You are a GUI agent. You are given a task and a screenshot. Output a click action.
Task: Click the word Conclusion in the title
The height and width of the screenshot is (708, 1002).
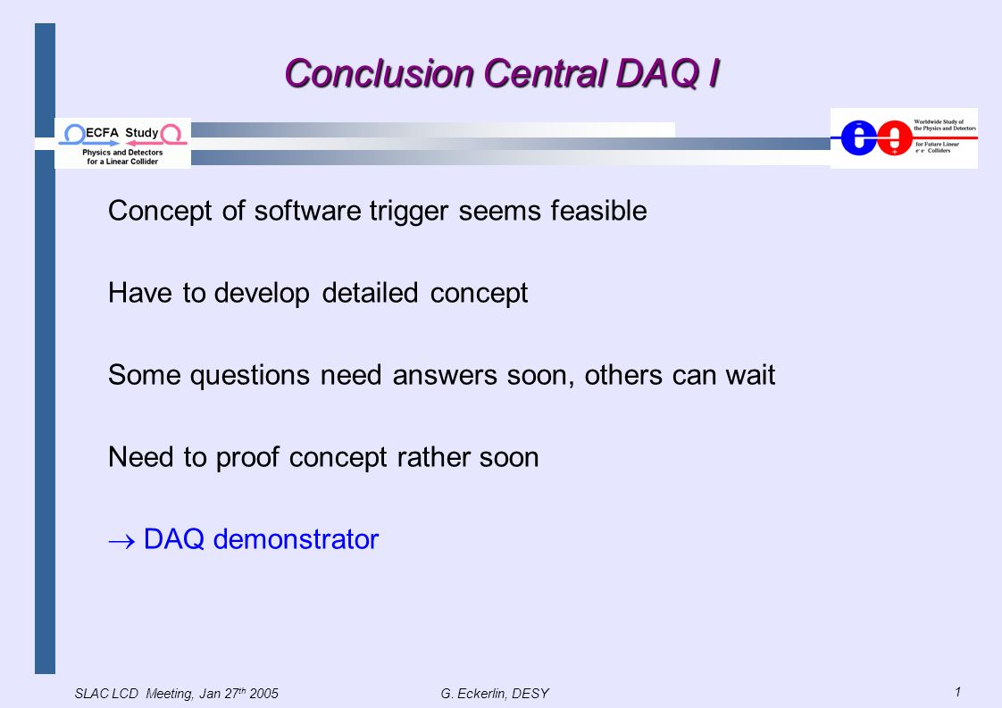(x=379, y=73)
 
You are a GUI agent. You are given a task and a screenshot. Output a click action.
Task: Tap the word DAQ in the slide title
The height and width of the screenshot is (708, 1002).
(x=657, y=74)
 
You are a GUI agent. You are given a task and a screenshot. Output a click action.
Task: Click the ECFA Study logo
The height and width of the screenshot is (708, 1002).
(x=122, y=144)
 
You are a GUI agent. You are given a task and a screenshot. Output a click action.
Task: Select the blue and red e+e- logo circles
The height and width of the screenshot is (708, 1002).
(x=876, y=137)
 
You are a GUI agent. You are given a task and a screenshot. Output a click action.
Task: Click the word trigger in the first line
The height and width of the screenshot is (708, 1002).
(x=409, y=212)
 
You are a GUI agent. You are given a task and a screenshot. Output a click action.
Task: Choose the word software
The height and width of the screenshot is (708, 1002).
(x=307, y=211)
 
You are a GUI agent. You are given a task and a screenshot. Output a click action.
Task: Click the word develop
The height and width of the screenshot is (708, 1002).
(x=262, y=294)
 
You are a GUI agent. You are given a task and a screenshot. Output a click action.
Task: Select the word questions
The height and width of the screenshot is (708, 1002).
(x=250, y=376)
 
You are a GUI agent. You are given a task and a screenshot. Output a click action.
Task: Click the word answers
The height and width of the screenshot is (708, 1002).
(x=445, y=376)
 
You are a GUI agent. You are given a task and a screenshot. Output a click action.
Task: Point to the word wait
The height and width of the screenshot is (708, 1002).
(x=750, y=375)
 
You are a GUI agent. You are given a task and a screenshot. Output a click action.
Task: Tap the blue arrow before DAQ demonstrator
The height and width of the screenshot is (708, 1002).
(x=121, y=541)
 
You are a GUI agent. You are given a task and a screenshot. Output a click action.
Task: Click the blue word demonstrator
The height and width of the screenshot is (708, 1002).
(x=296, y=539)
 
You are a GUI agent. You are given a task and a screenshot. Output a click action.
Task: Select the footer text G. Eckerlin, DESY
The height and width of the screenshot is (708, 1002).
(x=495, y=694)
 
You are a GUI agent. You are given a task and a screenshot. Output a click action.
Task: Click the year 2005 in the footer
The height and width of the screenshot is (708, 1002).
(x=264, y=694)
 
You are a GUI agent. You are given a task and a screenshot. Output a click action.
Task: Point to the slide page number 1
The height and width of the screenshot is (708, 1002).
(x=958, y=691)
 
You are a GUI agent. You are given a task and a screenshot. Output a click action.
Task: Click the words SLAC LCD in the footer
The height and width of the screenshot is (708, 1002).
(x=106, y=694)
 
